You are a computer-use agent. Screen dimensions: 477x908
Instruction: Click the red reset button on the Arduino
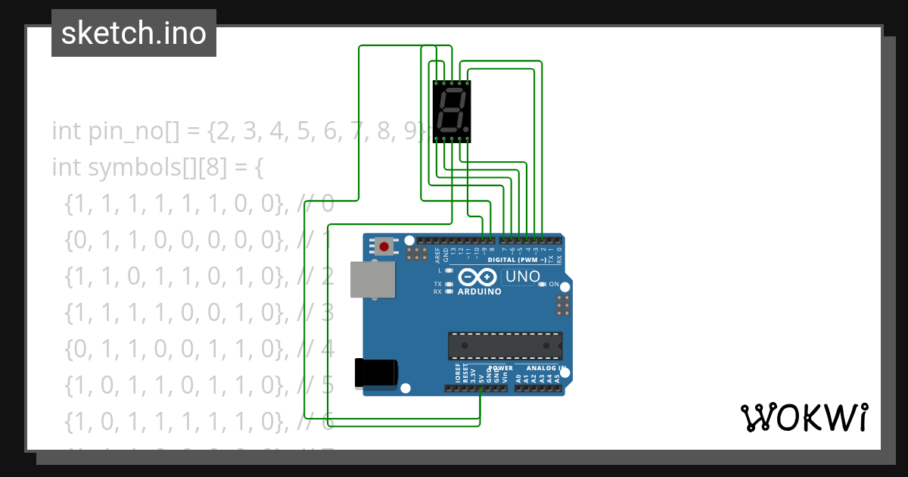pyautogui.click(x=384, y=246)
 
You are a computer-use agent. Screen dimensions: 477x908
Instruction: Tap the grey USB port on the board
pyautogui.click(x=372, y=279)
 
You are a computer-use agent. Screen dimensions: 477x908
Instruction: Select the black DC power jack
pyautogui.click(x=376, y=373)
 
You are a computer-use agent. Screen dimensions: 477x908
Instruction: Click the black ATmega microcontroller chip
pyautogui.click(x=505, y=345)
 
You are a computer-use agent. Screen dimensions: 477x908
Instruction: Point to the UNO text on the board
pyautogui.click(x=522, y=277)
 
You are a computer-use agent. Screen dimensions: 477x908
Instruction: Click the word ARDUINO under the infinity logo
pyautogui.click(x=479, y=291)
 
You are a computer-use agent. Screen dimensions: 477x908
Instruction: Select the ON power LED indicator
pyautogui.click(x=543, y=285)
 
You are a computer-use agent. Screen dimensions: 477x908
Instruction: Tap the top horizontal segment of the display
pyautogui.click(x=452, y=91)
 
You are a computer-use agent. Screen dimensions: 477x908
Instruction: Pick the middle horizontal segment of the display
pyautogui.click(x=451, y=110)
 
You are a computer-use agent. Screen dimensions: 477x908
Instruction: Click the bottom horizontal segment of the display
pyautogui.click(x=449, y=129)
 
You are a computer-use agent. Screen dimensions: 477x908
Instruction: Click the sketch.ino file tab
pyautogui.click(x=134, y=33)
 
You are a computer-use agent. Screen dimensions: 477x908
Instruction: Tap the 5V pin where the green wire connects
pyautogui.click(x=480, y=388)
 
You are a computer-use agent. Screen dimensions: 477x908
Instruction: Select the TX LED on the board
pyautogui.click(x=449, y=284)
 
